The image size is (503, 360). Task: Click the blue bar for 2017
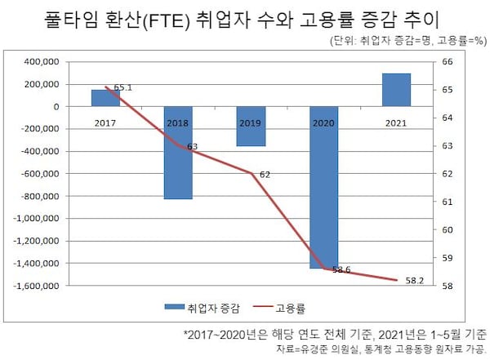105,98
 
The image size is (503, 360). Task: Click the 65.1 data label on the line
123,87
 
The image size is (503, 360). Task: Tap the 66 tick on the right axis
447,62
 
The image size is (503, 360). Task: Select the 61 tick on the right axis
447,202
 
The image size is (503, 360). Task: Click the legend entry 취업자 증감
204,308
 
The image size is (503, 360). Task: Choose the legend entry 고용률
282,308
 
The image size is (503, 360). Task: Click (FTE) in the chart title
168,20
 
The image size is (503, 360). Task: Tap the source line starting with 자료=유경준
400,349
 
